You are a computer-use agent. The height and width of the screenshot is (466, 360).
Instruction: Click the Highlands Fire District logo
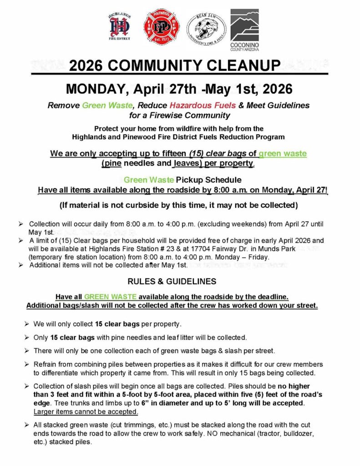tap(120, 27)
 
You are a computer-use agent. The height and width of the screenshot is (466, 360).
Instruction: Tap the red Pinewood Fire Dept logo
tap(162, 27)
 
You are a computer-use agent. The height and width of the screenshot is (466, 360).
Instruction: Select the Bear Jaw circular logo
tap(206, 27)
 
